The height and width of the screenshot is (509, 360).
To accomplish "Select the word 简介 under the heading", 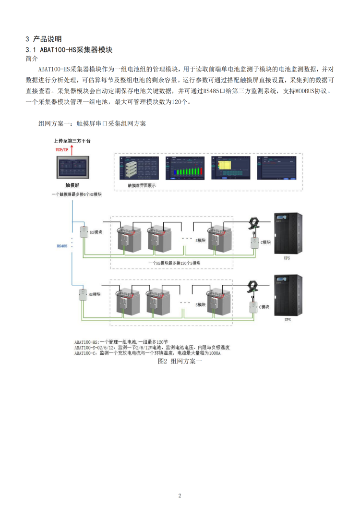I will [x=31, y=59].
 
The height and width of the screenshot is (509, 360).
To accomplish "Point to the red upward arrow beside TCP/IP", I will [x=72, y=150].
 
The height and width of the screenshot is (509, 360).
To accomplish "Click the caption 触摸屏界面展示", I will [x=142, y=185].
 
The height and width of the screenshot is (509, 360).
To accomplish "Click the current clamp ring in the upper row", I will [x=253, y=223].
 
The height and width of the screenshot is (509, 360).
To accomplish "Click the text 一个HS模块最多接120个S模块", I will [x=175, y=263].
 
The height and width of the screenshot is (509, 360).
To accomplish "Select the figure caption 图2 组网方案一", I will [x=180, y=361].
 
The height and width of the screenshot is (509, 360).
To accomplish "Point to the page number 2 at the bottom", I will [x=180, y=495].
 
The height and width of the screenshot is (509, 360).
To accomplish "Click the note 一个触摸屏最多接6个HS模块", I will [x=76, y=194].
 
